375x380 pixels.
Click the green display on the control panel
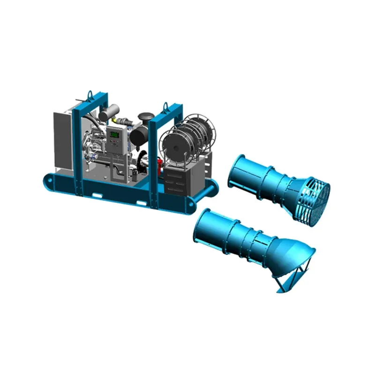tap(114, 135)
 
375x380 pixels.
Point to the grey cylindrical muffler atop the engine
tap(108, 113)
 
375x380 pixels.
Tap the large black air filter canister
tap(139, 136)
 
